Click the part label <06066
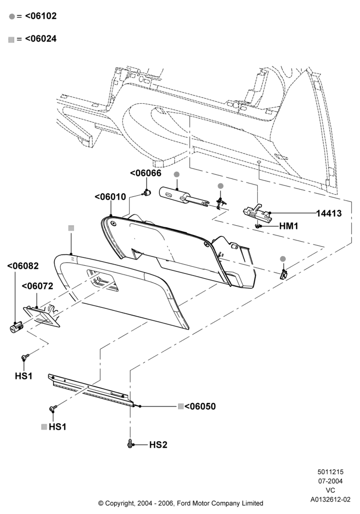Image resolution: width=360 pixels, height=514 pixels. pyautogui.click(x=146, y=173)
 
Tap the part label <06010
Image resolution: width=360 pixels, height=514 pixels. pyautogui.click(x=110, y=197)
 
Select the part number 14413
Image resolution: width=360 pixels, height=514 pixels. pyautogui.click(x=329, y=213)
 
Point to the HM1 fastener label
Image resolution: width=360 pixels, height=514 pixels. pyautogui.click(x=289, y=226)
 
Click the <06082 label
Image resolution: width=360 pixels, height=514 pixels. pyautogui.click(x=23, y=266)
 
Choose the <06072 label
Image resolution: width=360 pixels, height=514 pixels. pyautogui.click(x=38, y=286)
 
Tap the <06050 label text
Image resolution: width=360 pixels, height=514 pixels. pyautogui.click(x=200, y=407)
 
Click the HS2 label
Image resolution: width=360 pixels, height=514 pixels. pyautogui.click(x=158, y=445)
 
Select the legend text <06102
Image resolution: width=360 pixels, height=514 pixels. pyautogui.click(x=41, y=16)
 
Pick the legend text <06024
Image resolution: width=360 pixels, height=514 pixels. pyautogui.click(x=41, y=39)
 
